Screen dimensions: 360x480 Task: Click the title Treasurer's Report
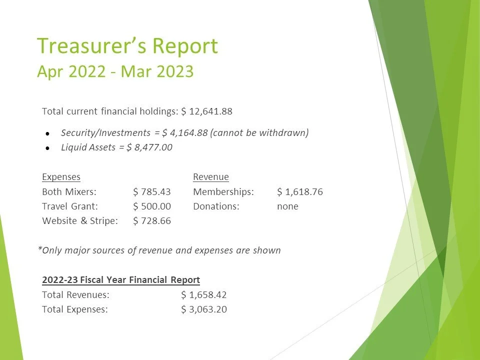(127, 46)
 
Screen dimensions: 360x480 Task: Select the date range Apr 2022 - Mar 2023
(115, 71)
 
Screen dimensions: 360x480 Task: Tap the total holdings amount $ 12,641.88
(207, 111)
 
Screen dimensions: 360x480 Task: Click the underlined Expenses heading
(61, 177)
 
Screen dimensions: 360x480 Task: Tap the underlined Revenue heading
(210, 177)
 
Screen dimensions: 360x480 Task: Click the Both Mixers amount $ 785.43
(152, 192)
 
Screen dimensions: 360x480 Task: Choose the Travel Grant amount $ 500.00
(152, 206)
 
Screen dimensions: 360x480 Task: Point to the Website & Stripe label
(80, 221)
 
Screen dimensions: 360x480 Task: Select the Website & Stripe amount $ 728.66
(152, 221)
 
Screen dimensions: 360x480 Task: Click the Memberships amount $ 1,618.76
(299, 192)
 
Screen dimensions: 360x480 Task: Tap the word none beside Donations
(287, 206)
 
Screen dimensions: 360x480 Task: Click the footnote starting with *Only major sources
(159, 250)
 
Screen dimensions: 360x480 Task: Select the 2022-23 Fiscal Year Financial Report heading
(121, 280)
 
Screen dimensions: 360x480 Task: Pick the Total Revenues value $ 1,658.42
(204, 295)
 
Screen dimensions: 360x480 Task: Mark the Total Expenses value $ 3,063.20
(204, 309)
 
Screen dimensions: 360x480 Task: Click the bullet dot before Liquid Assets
(47, 148)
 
